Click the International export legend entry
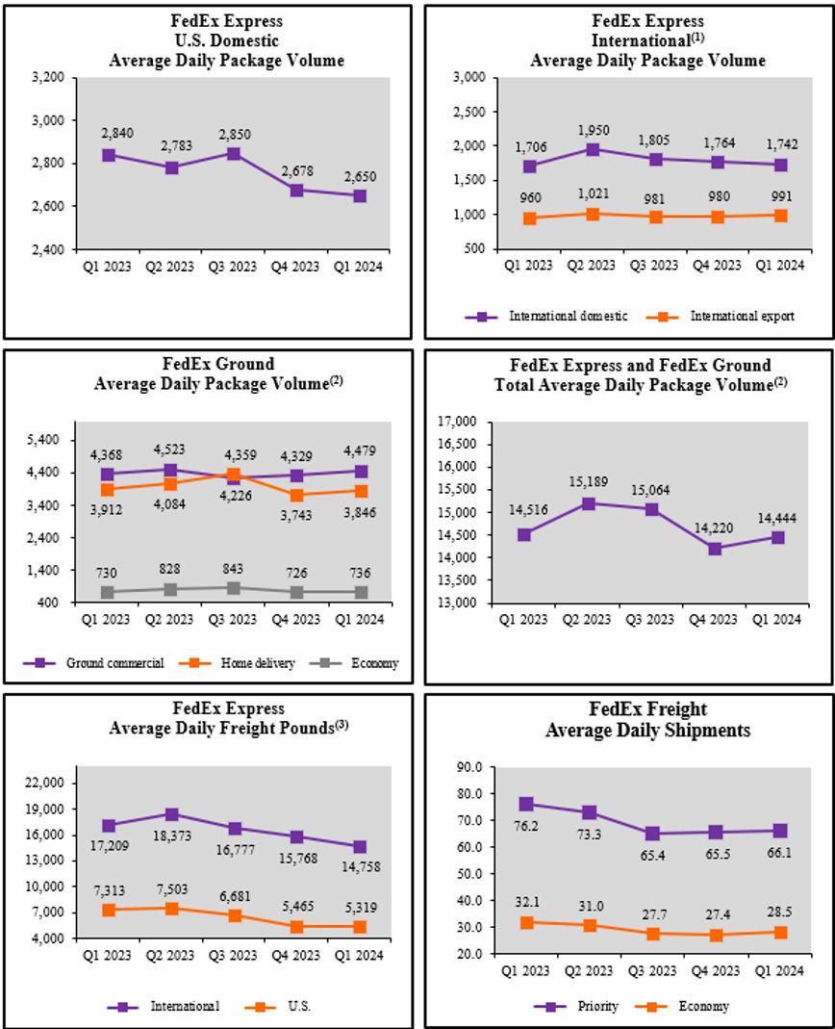[x=742, y=316]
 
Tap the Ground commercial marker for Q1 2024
[x=361, y=471]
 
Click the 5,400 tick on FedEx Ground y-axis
[x=45, y=440]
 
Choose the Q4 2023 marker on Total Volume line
[x=716, y=549]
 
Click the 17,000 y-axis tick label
[x=459, y=422]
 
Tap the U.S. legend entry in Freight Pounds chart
[x=297, y=1006]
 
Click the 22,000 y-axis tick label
[x=43, y=783]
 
